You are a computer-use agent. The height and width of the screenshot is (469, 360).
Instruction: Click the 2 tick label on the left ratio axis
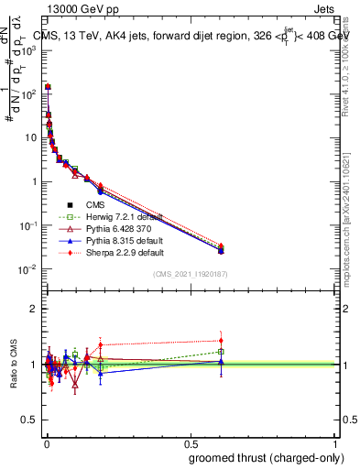click(x=33, y=309)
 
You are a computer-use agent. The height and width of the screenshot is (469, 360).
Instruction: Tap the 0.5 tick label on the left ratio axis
click(x=29, y=420)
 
